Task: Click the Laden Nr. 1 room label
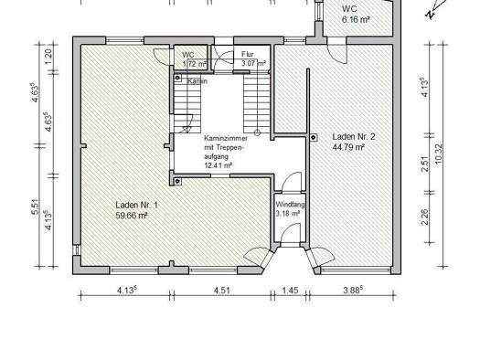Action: coord(136,205)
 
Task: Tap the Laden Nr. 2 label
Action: coord(354,136)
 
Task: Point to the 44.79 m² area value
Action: coord(348,147)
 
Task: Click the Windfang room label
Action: coord(290,205)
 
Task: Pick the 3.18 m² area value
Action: coord(287,214)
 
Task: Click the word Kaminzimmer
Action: coord(226,138)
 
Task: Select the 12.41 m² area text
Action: coord(218,165)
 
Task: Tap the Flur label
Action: coord(248,55)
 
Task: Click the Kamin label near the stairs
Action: coord(197,81)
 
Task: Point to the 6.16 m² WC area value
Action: coord(356,19)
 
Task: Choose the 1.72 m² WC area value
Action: coord(195,64)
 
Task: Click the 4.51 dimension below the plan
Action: coord(221,290)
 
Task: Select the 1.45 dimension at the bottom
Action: coord(290,290)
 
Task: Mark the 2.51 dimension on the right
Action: coord(425,164)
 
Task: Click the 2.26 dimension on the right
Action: coord(425,217)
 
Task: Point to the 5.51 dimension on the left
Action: coord(36,206)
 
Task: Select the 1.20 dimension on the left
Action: coord(48,57)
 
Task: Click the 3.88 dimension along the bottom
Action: coord(353,290)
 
